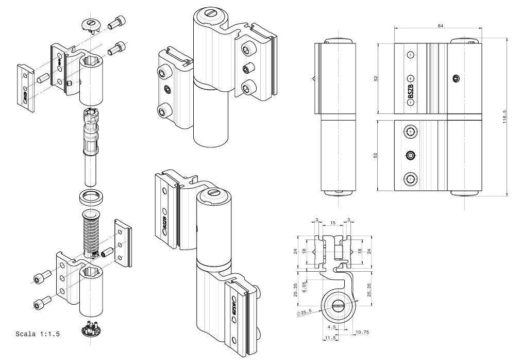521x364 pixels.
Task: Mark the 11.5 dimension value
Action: click(x=330, y=337)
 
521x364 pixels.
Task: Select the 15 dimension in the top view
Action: click(x=333, y=222)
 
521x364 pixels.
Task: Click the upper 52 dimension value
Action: click(x=376, y=78)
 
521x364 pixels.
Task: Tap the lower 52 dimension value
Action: click(x=376, y=155)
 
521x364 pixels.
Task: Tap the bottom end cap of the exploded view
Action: click(x=91, y=328)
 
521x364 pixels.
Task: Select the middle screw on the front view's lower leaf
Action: click(x=411, y=155)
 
